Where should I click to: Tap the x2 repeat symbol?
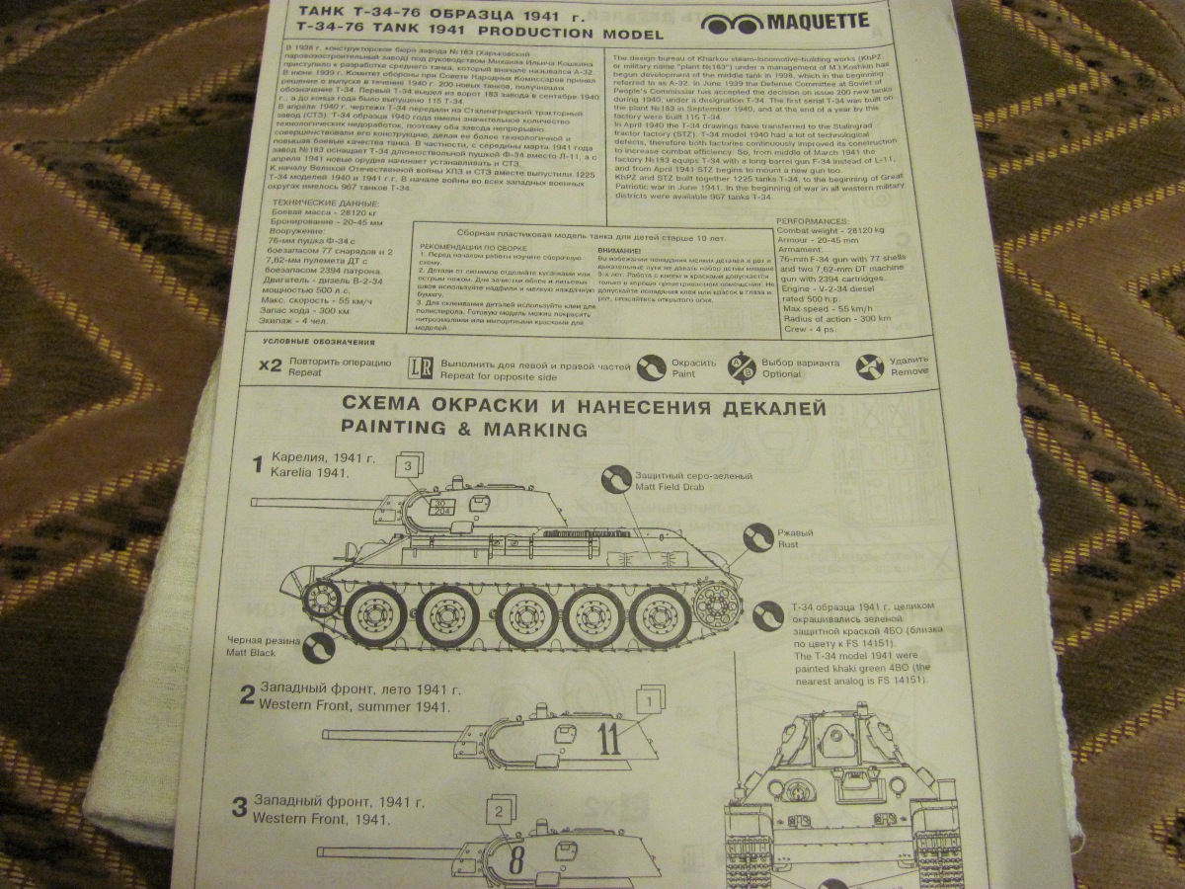pos(271,364)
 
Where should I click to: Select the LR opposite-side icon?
pos(420,367)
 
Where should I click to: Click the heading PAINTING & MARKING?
pos(463,429)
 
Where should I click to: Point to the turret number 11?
pos(609,737)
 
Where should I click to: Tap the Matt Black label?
pos(251,653)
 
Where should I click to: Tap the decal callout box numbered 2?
pos(501,812)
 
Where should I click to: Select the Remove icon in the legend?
pos(871,366)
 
